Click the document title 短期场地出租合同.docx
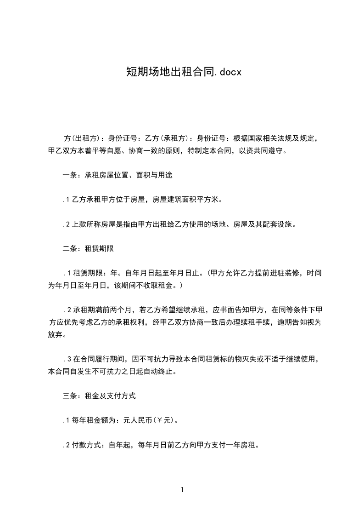184,72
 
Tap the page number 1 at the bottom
182,490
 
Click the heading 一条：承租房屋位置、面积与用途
118,175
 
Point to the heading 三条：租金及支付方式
99,395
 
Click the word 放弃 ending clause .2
55,335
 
